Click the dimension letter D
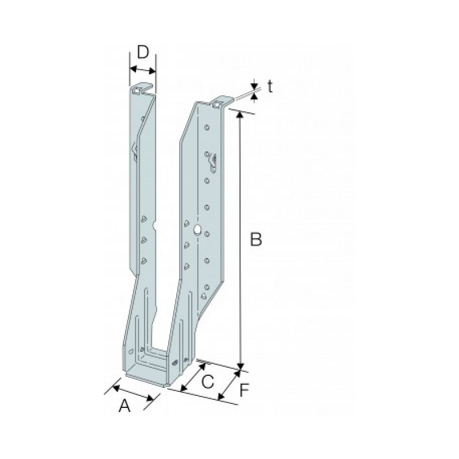(143, 52)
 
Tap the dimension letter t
(270, 87)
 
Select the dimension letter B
(256, 239)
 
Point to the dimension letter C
(208, 382)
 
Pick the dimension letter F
(244, 390)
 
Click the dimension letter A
(125, 406)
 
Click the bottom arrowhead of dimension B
(240, 366)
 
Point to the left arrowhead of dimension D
(133, 69)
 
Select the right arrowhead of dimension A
(150, 398)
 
